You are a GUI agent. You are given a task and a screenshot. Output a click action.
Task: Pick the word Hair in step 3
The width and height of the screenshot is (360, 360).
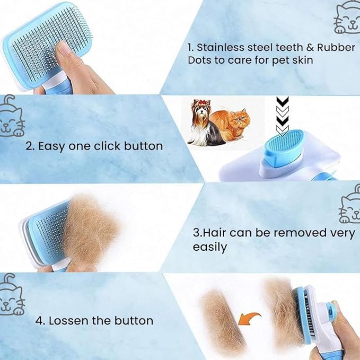[215, 233]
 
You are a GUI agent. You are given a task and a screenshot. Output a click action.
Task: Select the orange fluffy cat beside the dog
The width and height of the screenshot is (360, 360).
[236, 127]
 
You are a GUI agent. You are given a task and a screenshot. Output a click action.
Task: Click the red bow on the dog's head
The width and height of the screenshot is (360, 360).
[201, 103]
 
